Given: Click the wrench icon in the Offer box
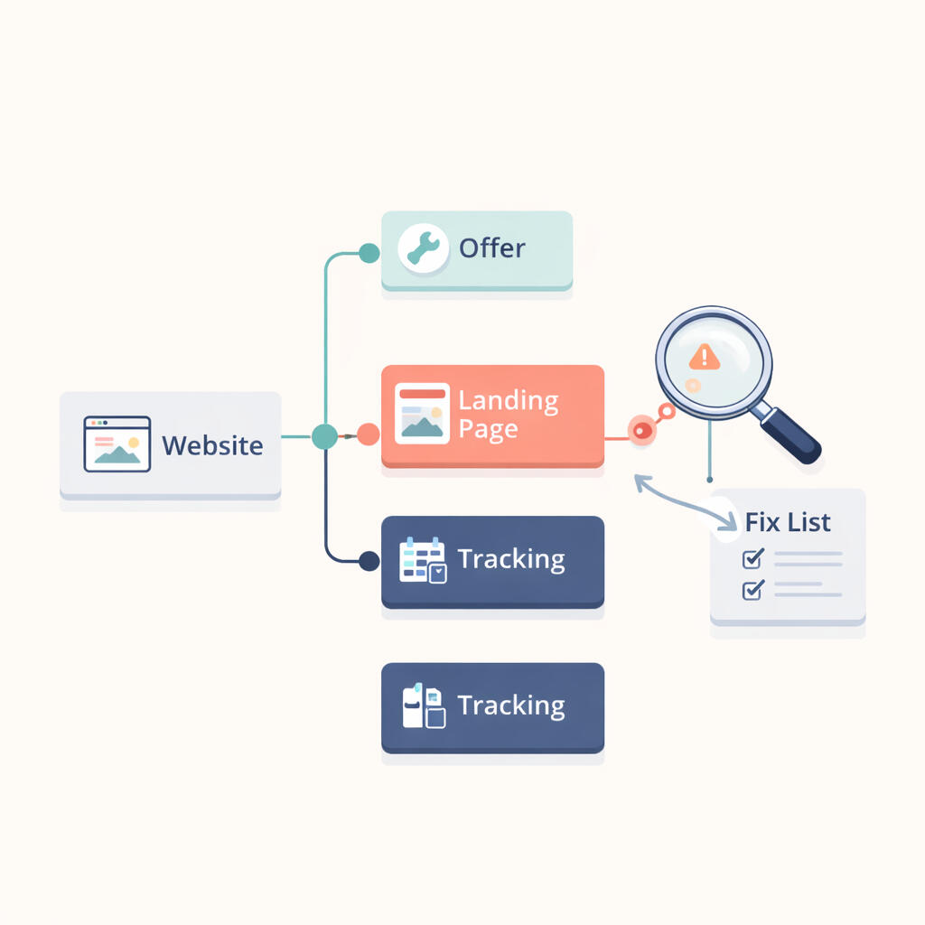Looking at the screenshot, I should [423, 248].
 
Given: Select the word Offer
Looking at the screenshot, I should [492, 248].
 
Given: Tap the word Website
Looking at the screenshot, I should [213, 445].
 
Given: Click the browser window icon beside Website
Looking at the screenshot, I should [117, 444].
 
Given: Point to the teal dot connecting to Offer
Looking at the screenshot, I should [369, 253].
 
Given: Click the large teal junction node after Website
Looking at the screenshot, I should [324, 436].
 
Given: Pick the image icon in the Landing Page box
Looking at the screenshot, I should [422, 414].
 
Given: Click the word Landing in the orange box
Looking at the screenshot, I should [508, 400].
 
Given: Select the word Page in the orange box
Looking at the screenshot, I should [488, 429].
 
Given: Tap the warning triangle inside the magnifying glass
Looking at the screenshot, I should [705, 357].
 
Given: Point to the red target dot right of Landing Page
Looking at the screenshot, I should [641, 431].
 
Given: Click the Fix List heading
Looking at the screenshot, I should [788, 522].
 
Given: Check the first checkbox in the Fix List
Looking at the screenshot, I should [752, 559].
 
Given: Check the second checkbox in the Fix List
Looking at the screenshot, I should [752, 590].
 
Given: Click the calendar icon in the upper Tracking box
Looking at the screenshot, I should [423, 560].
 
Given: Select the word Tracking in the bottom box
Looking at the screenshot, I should [511, 705].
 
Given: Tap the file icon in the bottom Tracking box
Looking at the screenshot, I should [423, 706].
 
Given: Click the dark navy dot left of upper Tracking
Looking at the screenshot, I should [369, 561].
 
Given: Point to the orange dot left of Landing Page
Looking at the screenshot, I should [368, 435].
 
